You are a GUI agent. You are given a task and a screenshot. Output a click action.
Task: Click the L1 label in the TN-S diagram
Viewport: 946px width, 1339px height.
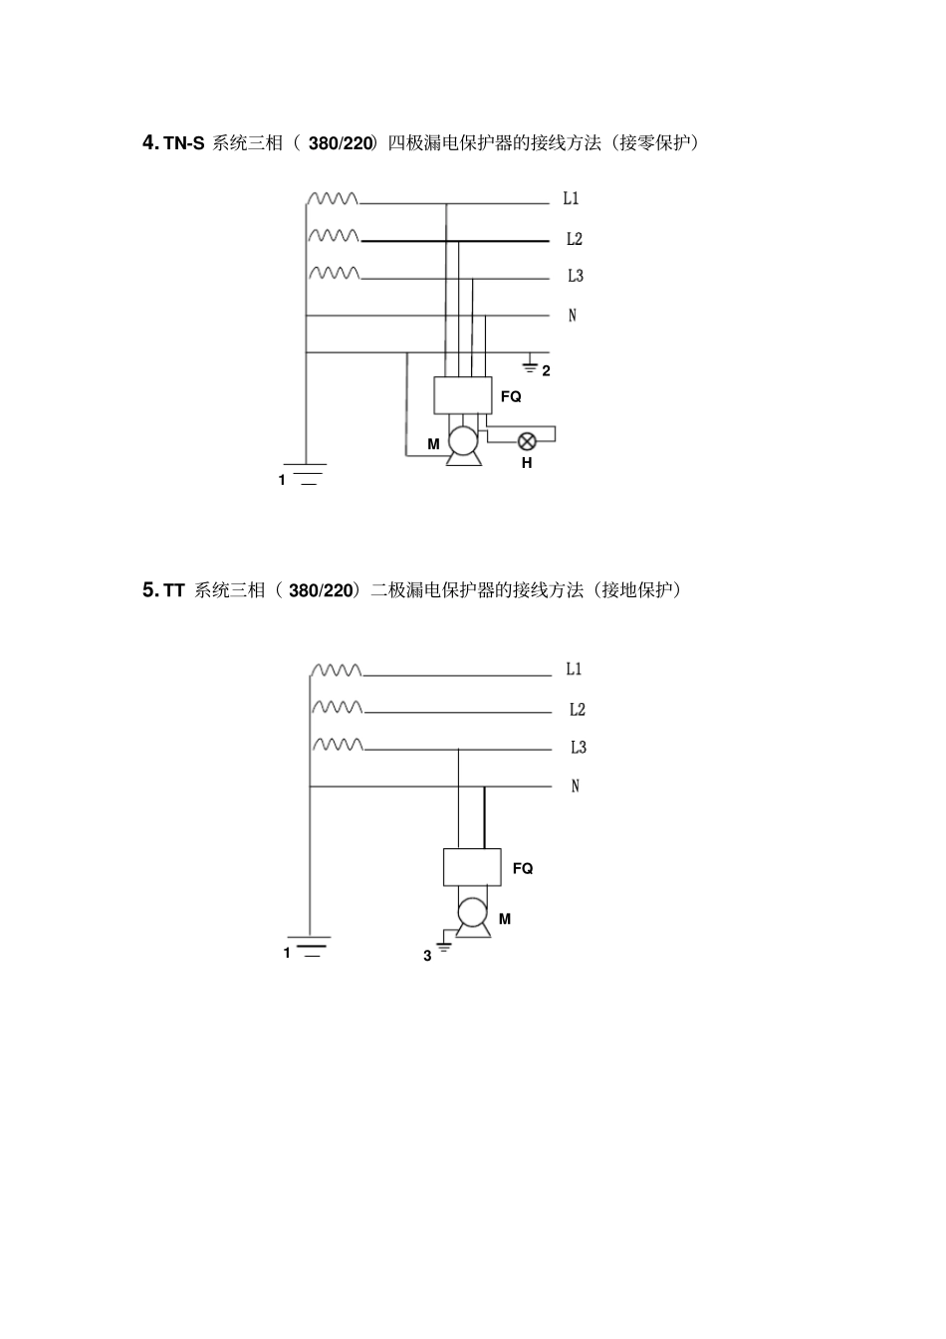pyautogui.click(x=571, y=199)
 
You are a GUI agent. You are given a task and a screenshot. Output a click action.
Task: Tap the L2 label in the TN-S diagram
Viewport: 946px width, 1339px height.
pyautogui.click(x=574, y=239)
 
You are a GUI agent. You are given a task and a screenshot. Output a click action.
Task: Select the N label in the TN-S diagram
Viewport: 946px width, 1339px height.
pyautogui.click(x=572, y=316)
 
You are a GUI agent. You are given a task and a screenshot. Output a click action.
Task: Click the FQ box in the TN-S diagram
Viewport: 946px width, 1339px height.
pyautogui.click(x=463, y=395)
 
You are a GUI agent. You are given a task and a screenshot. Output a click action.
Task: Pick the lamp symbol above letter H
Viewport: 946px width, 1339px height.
pyautogui.click(x=527, y=440)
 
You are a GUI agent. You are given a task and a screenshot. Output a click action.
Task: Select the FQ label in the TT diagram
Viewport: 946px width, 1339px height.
pyautogui.click(x=523, y=868)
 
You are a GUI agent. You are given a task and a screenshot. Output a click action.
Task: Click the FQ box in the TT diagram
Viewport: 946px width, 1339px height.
pyautogui.click(x=471, y=867)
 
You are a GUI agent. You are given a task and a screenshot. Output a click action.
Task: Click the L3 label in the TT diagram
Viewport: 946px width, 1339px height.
pyautogui.click(x=578, y=748)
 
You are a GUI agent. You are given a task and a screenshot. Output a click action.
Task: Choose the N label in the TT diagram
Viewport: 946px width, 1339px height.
pyautogui.click(x=575, y=786)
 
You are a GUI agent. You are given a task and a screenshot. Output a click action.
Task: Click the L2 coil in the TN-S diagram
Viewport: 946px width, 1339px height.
pyautogui.click(x=334, y=236)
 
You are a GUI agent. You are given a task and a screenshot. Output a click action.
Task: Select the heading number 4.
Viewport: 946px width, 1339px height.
pyautogui.click(x=150, y=142)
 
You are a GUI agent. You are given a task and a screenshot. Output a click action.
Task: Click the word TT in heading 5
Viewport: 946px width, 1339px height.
pyautogui.click(x=174, y=590)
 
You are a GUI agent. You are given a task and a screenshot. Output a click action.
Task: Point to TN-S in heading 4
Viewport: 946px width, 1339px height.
pyautogui.click(x=184, y=143)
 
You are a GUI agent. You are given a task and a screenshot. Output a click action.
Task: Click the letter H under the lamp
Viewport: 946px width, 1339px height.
pyautogui.click(x=527, y=463)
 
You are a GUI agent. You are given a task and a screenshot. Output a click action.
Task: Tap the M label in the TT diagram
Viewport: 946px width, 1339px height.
pyautogui.click(x=505, y=919)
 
